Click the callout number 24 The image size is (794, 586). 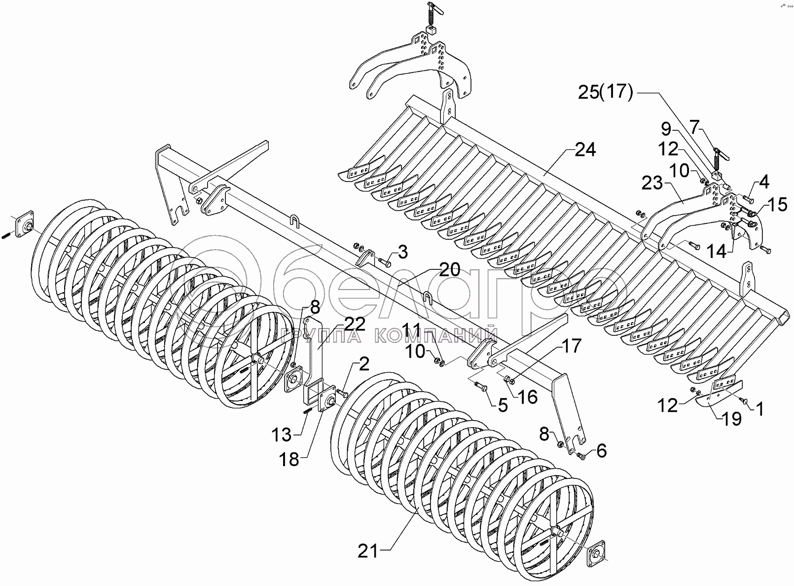coord(584,150)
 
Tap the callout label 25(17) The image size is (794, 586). coord(606,92)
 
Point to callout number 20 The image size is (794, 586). coord(449,270)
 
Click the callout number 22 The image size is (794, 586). coord(355,324)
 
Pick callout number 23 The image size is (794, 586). coord(652,184)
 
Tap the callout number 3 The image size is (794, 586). coord(403,252)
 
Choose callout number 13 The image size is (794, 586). coord(282,435)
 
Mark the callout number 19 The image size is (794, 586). coord(731,418)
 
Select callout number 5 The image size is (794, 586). coord(503,405)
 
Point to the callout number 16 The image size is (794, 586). coord(527,397)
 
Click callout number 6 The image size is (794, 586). coord(601,450)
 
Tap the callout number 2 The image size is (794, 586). coord(363,365)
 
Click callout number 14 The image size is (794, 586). coord(716,252)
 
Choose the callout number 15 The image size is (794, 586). coord(777,204)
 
